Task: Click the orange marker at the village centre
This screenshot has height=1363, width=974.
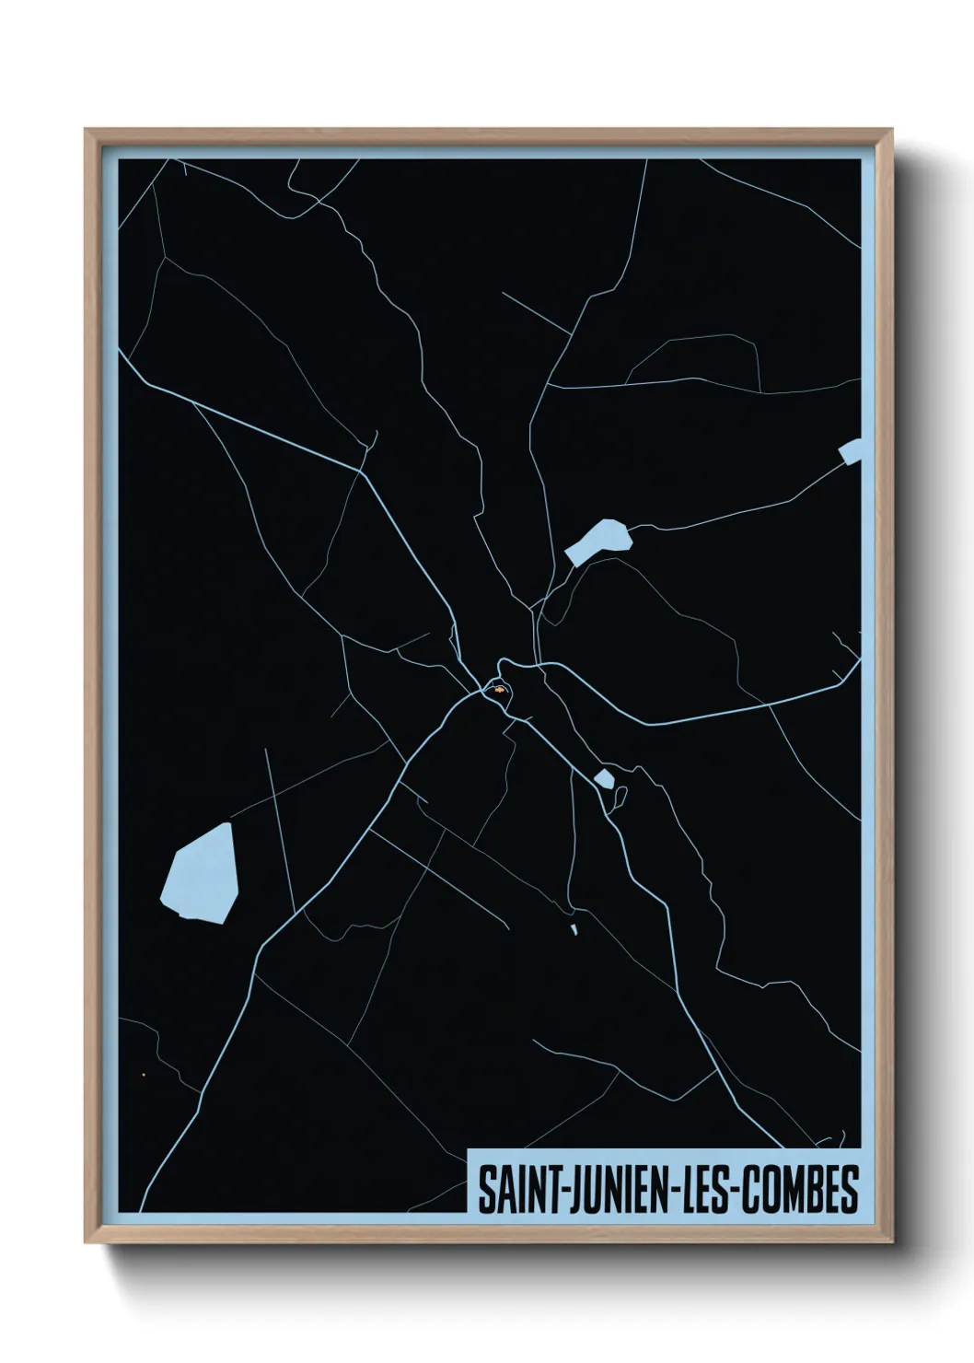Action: click(498, 688)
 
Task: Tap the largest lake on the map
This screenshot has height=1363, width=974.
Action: click(201, 874)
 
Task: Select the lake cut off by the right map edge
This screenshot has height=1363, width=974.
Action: click(852, 452)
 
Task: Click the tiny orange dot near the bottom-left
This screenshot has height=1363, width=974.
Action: click(144, 1074)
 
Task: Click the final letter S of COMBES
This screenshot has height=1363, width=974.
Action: click(850, 1190)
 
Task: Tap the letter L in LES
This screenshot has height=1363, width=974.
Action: click(689, 1190)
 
